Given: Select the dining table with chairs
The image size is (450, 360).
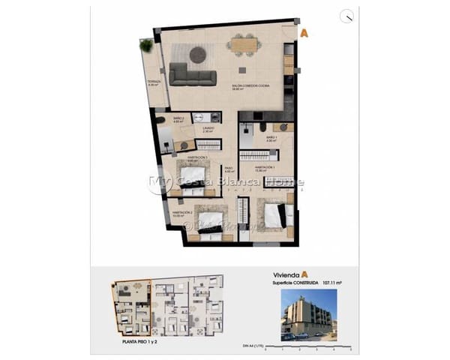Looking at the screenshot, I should pos(244,46).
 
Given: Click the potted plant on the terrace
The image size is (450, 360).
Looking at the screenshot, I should pos(146,46).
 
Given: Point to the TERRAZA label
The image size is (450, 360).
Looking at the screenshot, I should pos(154,82).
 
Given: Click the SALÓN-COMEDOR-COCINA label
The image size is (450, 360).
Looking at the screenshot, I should pos(250,87).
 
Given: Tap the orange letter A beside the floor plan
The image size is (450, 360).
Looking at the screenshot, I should pos(304,33).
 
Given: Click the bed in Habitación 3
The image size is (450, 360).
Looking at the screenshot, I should pos(197,178).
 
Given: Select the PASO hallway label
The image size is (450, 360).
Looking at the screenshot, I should pos(229,169).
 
